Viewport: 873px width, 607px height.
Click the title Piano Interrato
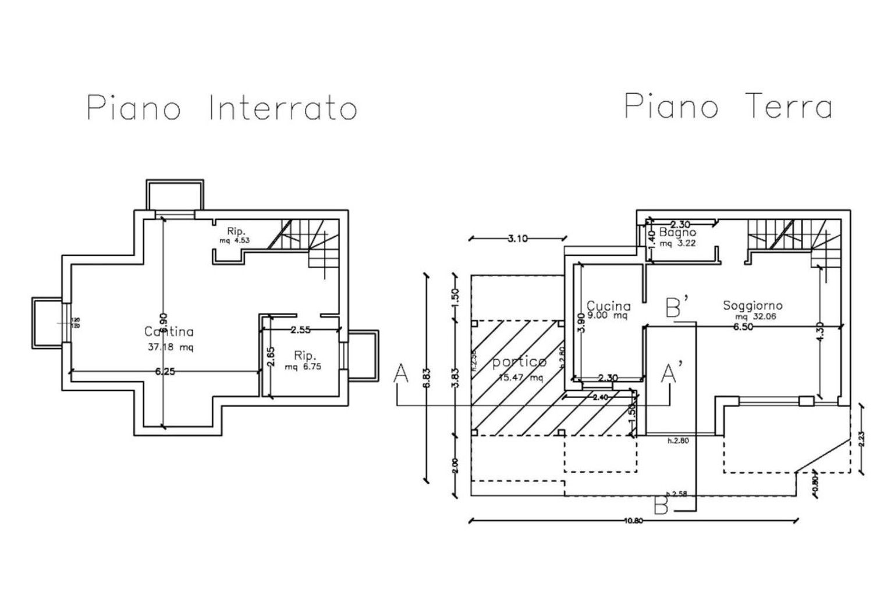222,108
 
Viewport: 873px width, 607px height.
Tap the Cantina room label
169,332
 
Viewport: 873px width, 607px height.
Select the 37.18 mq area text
171,348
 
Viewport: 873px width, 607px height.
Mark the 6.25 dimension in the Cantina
165,372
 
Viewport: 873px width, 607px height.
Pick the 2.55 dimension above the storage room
300,329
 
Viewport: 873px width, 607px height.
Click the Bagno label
677,233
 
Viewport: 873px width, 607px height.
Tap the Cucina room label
608,306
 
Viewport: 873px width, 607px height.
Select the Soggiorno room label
753,305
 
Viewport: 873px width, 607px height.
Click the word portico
519,362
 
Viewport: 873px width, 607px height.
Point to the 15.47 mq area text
521,377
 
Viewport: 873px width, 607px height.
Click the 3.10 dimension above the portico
518,238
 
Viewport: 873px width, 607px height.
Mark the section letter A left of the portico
400,374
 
